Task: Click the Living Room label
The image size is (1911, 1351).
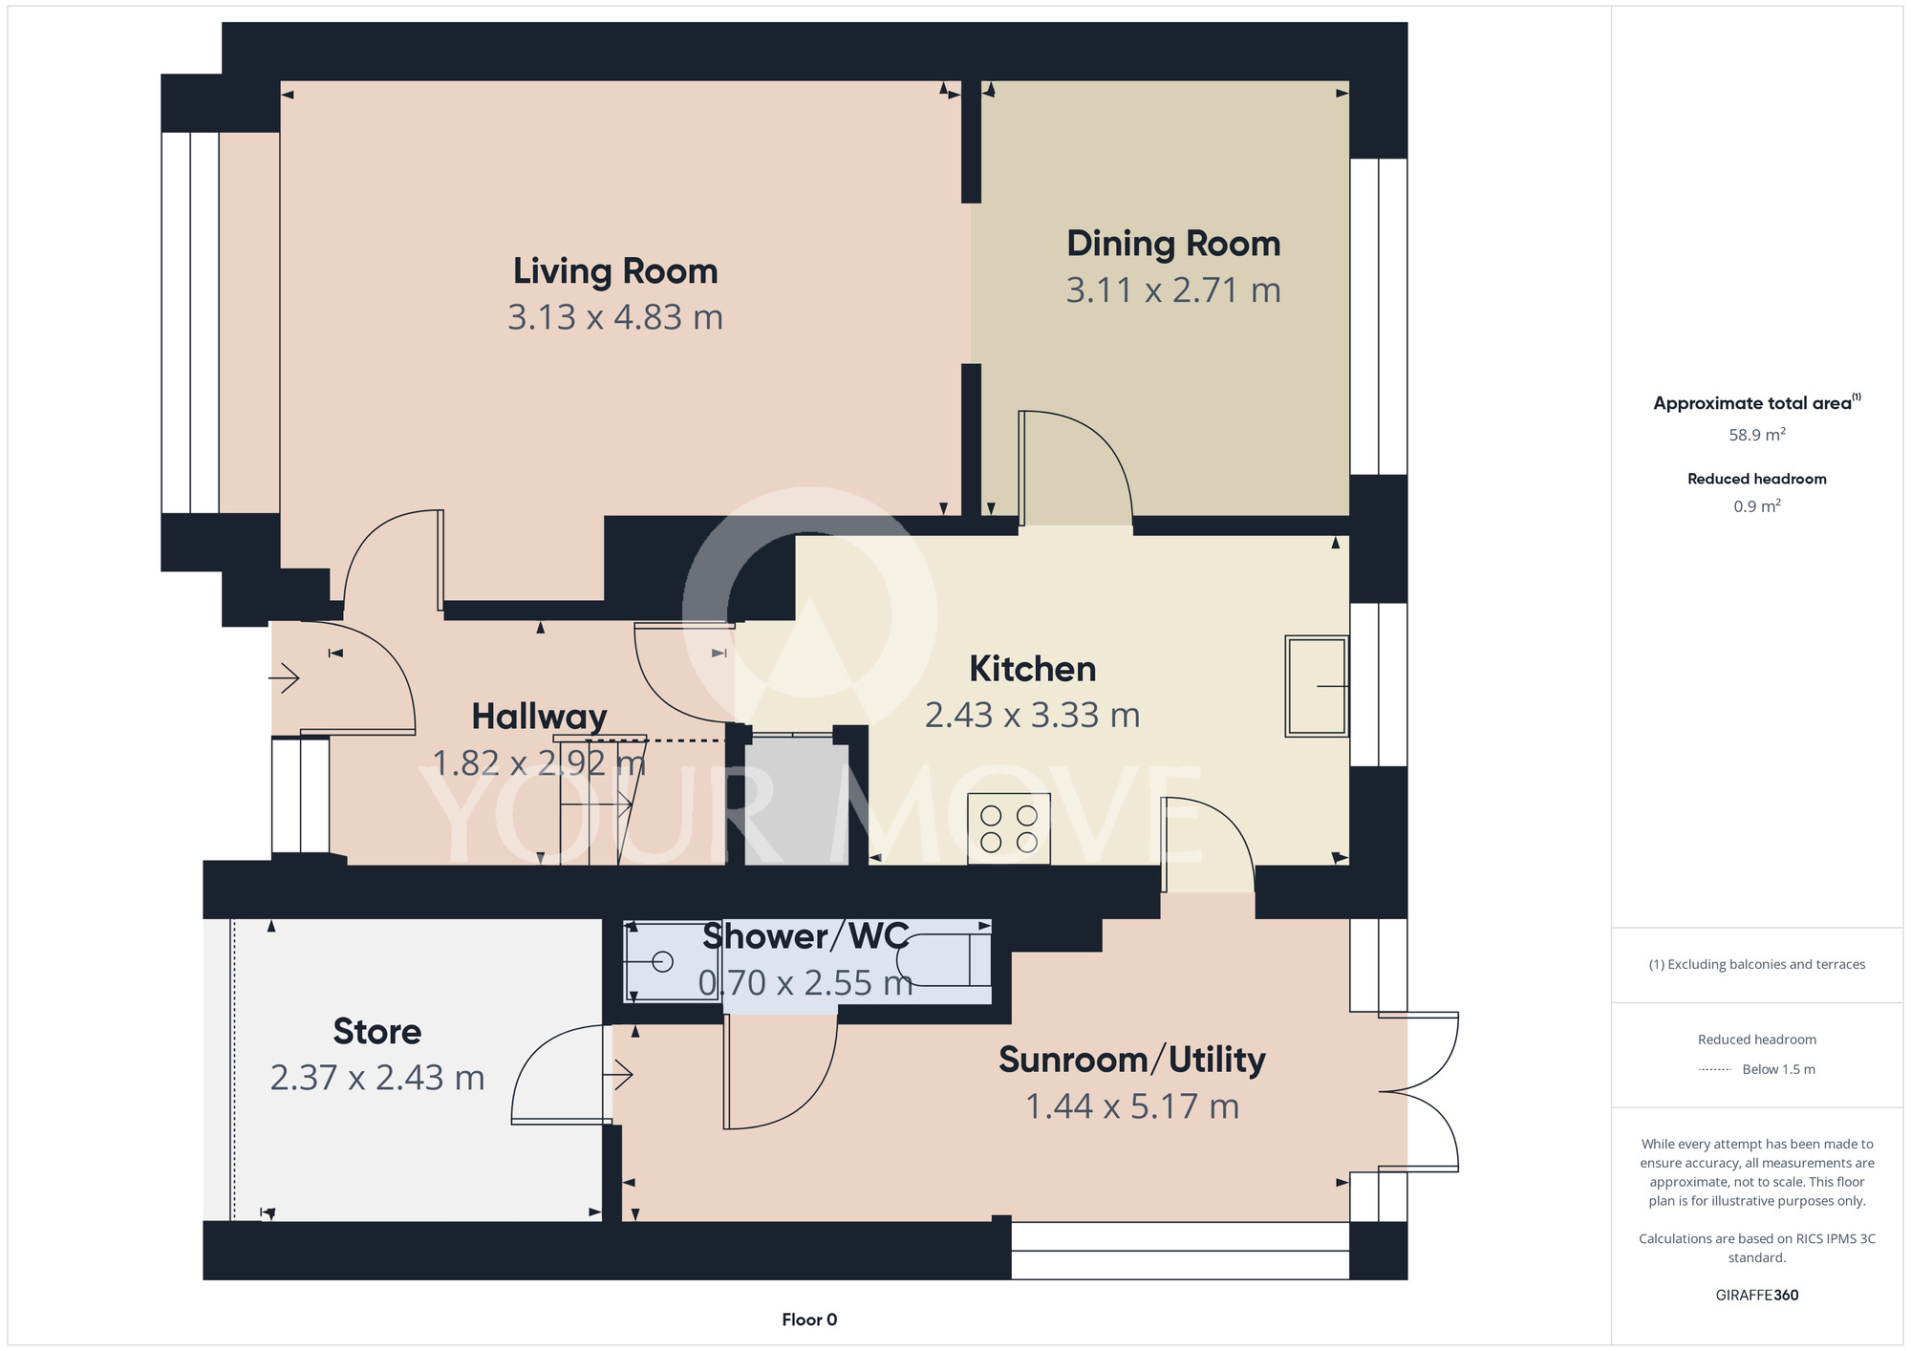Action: point(615,271)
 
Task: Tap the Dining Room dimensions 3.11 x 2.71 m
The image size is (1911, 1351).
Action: point(1173,290)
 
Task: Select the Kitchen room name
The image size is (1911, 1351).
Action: point(1033,669)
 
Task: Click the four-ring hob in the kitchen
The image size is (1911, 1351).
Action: point(1009,829)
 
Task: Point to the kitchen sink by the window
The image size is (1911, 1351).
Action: point(1317,686)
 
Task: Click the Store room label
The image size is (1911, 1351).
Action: point(377,1032)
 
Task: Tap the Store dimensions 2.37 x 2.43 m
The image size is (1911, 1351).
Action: point(377,1078)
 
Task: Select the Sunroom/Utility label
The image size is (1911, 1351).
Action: point(1132,1061)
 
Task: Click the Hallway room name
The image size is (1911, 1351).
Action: point(540,717)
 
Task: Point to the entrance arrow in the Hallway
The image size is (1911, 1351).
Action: point(284,679)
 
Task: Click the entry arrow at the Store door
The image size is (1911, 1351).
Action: point(618,1076)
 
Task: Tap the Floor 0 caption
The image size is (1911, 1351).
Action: point(809,1319)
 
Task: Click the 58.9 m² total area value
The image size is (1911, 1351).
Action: point(1757,435)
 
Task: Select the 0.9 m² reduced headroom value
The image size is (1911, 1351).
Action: point(1757,506)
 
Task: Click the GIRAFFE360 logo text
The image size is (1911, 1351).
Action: point(1757,1296)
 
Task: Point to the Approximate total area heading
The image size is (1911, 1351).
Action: point(1757,402)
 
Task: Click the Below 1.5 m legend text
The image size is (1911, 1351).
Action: point(1779,1069)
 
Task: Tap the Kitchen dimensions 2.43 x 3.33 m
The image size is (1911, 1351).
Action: point(1033,715)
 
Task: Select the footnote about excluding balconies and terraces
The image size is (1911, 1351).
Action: point(1757,964)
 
